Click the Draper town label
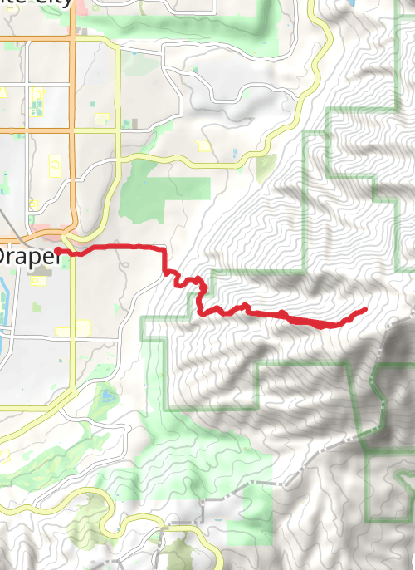tap(30, 257)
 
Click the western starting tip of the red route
tap(58, 251)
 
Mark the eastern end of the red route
tap(365, 310)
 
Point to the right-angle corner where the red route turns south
tap(164, 249)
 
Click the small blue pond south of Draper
tap(107, 396)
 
